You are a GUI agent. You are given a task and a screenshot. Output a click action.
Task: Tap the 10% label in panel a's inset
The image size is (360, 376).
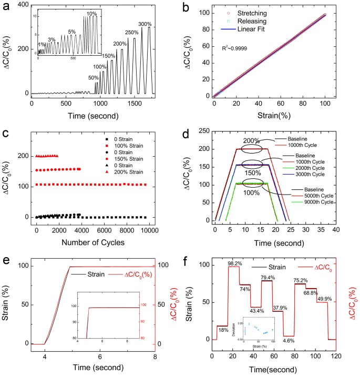coord(92,13)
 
